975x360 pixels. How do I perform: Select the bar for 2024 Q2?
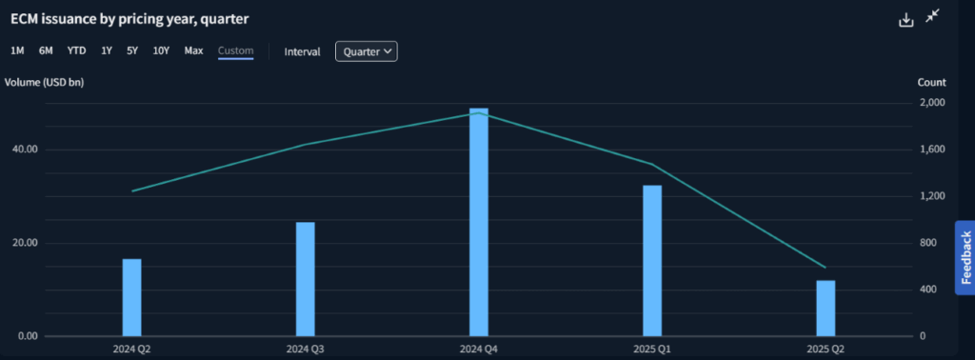click(x=131, y=297)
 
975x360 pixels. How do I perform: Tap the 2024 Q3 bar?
click(x=305, y=279)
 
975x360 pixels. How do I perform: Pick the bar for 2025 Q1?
click(x=651, y=260)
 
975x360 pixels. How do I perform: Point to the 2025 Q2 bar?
click(x=826, y=308)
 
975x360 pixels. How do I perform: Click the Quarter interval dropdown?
click(x=366, y=51)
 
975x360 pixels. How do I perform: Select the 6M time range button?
click(x=46, y=50)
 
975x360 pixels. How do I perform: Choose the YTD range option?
click(x=76, y=50)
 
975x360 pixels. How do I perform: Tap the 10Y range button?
click(x=161, y=50)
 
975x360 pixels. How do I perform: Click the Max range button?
click(x=193, y=50)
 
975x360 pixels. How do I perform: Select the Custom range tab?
click(x=235, y=50)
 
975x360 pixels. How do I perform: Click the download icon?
click(x=906, y=19)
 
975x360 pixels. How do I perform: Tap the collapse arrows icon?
click(x=933, y=17)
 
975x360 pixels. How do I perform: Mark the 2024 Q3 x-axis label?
click(x=305, y=350)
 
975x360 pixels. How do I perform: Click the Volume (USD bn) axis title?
click(x=44, y=82)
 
